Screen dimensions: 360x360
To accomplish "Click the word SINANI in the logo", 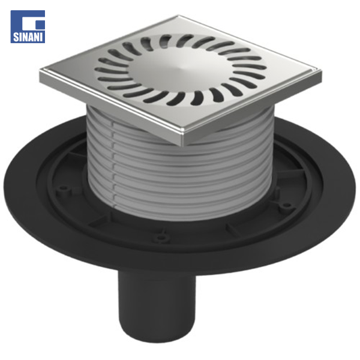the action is [28, 37].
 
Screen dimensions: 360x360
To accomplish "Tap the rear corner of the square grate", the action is [178, 17].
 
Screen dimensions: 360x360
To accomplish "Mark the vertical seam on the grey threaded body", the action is [113, 163].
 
